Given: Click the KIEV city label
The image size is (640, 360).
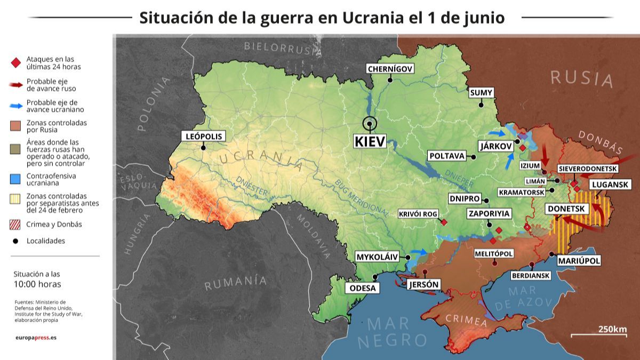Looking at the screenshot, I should coord(369,141).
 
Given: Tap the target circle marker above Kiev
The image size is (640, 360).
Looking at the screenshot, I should coord(369,124).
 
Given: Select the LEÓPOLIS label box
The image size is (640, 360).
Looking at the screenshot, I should coord(203,136).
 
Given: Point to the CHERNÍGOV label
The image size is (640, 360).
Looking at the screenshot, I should coord(390,69).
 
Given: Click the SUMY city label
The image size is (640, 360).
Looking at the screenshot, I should coord(481,93).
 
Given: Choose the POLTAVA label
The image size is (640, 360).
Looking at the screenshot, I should coord(446,156).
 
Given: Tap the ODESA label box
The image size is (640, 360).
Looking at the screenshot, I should coord(363,288).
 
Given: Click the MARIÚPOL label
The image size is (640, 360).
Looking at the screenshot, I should coord(579,261).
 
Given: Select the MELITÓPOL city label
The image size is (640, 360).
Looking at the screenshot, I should coord(494,253).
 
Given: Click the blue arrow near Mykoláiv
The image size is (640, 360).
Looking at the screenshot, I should coord(420,252).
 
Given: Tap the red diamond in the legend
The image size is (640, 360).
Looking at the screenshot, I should coord(15,63).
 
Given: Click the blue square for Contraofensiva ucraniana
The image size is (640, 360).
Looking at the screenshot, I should coord(15,179).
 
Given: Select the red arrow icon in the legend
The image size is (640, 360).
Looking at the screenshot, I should coord(15,84).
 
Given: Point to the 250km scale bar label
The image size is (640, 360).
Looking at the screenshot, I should coord(612,329).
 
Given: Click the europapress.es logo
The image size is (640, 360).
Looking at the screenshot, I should coord(35,338).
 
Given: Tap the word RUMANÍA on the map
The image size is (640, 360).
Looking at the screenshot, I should coord(235,283).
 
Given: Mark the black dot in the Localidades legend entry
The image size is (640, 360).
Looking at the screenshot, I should coord(15,241).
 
